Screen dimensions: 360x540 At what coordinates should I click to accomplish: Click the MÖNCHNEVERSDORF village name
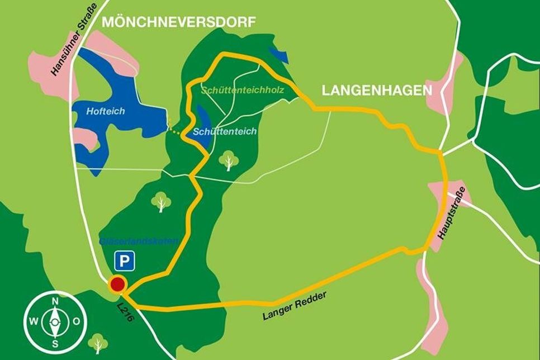point(178,22)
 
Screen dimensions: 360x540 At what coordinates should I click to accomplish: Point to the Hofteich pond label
point(106,111)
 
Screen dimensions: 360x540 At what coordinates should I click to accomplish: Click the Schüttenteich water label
point(225,131)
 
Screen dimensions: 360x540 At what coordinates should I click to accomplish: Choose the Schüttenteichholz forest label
point(243,89)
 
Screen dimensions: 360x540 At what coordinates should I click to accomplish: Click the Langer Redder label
point(294,306)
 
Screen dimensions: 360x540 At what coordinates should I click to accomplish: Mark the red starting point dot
point(117,285)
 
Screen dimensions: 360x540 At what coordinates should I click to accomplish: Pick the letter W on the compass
point(33,322)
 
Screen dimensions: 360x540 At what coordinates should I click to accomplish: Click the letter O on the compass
point(76,322)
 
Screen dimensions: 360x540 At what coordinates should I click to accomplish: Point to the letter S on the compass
point(55,342)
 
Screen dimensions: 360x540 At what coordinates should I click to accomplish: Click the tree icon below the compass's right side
point(98,343)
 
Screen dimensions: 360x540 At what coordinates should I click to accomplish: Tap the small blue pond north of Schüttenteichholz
point(278,55)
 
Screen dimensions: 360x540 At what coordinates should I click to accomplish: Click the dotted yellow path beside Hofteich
point(176,132)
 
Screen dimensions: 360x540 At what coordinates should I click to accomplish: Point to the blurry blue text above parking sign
point(139,241)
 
